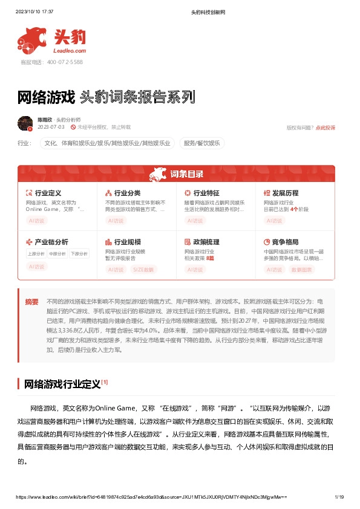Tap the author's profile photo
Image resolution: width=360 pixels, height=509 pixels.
click(x=25, y=123)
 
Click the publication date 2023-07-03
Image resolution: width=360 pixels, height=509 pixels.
click(x=51, y=128)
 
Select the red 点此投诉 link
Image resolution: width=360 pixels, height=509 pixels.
click(x=325, y=128)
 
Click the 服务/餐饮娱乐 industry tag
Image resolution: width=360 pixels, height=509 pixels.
click(x=202, y=143)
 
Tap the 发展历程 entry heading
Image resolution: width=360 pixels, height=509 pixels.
click(x=285, y=193)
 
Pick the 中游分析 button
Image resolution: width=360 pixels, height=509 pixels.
click(x=57, y=254)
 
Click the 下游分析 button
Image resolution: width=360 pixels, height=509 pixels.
click(x=79, y=254)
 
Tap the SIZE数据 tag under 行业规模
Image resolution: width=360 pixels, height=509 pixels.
click(x=143, y=269)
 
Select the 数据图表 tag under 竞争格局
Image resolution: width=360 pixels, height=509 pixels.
click(x=302, y=269)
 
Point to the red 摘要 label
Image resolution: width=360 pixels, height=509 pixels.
click(x=31, y=301)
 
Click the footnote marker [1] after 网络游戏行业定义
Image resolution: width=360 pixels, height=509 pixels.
click(x=105, y=382)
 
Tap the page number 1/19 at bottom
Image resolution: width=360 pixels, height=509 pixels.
click(x=339, y=497)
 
